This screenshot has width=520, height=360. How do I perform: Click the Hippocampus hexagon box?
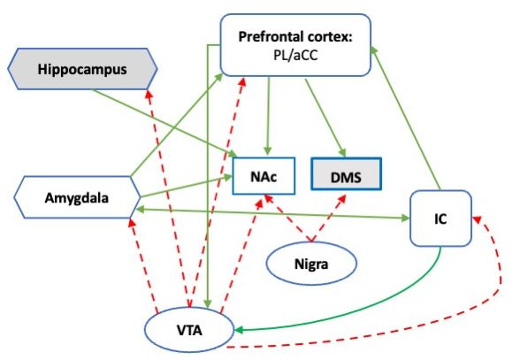point(82,69)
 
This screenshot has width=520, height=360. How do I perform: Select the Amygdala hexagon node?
point(77,197)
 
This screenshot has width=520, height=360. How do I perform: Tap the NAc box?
point(264,176)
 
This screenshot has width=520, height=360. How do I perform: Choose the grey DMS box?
point(346,174)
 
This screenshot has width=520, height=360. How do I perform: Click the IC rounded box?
point(440,218)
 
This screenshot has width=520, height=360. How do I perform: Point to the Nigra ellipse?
point(311,264)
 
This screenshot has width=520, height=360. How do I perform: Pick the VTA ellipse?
point(189,330)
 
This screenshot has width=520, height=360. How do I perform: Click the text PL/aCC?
point(295,55)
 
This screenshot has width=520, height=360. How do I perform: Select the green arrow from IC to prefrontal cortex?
point(405,118)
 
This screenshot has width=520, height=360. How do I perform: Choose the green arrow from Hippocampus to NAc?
point(164,124)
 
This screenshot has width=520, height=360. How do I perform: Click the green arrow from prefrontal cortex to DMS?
point(325,118)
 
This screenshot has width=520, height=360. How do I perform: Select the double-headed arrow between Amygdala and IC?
point(272,214)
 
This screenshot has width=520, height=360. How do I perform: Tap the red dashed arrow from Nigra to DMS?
point(328,218)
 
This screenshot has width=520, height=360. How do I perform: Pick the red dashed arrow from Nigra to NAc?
point(288,218)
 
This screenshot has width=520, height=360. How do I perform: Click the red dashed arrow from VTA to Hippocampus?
point(168,198)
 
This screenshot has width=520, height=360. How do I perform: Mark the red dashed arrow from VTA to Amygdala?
point(144,264)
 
